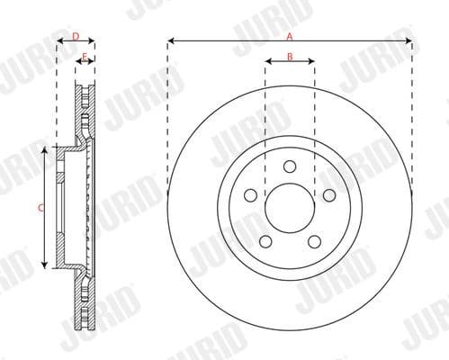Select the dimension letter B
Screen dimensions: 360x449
click(289, 56)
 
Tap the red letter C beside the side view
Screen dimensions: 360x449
click(40, 209)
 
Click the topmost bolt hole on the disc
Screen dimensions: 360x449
click(289, 166)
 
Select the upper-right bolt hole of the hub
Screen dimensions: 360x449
click(329, 195)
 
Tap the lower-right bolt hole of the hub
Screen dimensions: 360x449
click(314, 241)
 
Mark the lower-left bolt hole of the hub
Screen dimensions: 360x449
click(265, 241)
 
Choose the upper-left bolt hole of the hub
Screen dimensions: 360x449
click(249, 195)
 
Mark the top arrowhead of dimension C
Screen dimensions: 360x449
click(44, 150)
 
